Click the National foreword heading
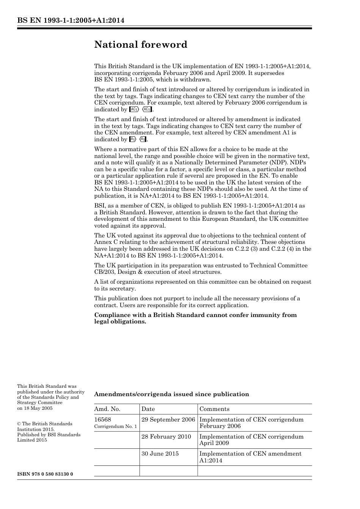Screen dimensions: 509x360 click(141, 45)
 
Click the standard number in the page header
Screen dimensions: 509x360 click(71, 20)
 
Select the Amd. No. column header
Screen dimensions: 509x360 click(107, 409)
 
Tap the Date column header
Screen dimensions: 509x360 click(148, 409)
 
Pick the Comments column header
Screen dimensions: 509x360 click(214, 409)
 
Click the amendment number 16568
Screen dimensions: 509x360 click(103, 420)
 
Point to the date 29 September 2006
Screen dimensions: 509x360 click(168, 420)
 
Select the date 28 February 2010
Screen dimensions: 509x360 click(166, 437)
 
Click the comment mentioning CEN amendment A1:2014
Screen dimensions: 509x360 click(250, 457)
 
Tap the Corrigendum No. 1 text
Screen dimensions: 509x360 click(116, 426)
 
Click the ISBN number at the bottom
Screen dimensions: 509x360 click(45, 474)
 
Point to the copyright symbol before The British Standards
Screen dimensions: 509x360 click(19, 424)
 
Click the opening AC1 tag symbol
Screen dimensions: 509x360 click(134, 109)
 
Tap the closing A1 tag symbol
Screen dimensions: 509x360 click(143, 139)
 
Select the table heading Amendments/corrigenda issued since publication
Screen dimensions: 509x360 click(172, 394)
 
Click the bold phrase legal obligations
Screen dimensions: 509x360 click(120, 322)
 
